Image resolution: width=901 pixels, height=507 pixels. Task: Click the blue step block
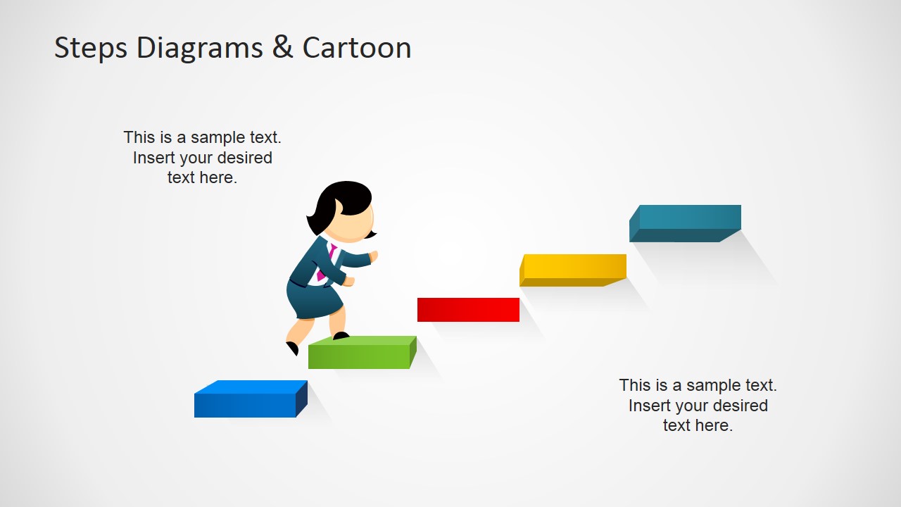tap(246, 403)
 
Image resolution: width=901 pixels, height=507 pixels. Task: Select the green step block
tap(359, 356)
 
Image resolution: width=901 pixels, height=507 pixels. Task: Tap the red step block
tap(468, 310)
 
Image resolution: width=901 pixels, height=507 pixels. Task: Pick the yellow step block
tap(574, 268)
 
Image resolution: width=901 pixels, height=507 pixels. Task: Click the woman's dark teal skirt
tap(314, 299)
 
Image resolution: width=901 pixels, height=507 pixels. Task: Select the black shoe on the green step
tap(341, 336)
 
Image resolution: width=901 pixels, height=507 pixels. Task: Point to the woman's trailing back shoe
tap(292, 348)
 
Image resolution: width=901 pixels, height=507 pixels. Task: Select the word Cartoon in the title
tap(357, 48)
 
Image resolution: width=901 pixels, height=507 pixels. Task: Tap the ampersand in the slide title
tap(282, 48)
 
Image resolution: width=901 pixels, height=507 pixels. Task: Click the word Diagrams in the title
tap(200, 48)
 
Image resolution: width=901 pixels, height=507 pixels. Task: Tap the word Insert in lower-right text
tap(648, 406)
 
